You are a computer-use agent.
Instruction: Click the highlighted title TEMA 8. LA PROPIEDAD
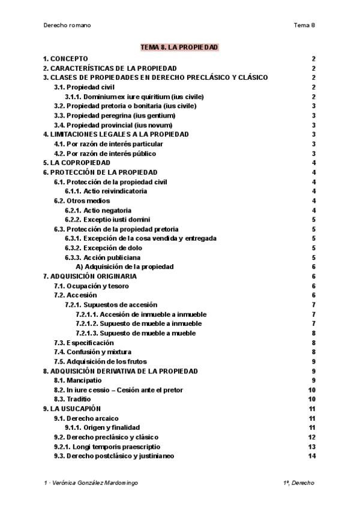pyautogui.click(x=179, y=47)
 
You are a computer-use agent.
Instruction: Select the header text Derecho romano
pyautogui.click(x=67, y=25)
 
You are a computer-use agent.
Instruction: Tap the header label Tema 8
pyautogui.click(x=304, y=25)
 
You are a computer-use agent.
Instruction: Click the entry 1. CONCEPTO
pyautogui.click(x=65, y=59)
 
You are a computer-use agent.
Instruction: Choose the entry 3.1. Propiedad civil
pyautogui.click(x=84, y=87)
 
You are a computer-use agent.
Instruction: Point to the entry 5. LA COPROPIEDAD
pyautogui.click(x=76, y=163)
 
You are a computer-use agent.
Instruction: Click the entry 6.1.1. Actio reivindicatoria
pyautogui.click(x=106, y=191)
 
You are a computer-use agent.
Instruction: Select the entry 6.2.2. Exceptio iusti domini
pyautogui.click(x=107, y=220)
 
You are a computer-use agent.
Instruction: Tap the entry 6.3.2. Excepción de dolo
pyautogui.click(x=102, y=248)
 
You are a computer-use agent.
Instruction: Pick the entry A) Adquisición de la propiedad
pyautogui.click(x=124, y=267)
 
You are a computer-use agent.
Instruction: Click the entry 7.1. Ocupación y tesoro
pyautogui.click(x=91, y=286)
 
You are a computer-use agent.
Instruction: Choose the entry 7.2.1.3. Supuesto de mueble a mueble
pyautogui.click(x=135, y=333)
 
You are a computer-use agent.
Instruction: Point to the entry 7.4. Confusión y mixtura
pyautogui.click(x=92, y=352)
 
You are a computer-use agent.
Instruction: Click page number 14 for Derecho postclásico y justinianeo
pyautogui.click(x=311, y=456)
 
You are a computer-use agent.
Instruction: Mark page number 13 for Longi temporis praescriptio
pyautogui.click(x=311, y=447)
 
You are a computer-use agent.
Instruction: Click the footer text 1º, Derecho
pyautogui.click(x=298, y=483)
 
